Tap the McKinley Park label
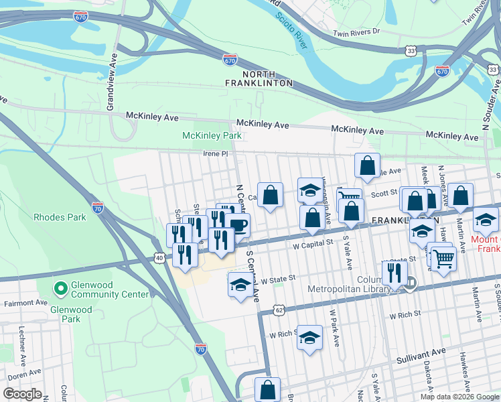click(212, 136)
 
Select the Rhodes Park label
click(60, 217)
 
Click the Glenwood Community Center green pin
click(60, 289)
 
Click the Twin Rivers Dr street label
click(356, 32)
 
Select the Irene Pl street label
click(216, 153)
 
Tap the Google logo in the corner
click(21, 394)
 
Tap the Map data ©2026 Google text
click(458, 396)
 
